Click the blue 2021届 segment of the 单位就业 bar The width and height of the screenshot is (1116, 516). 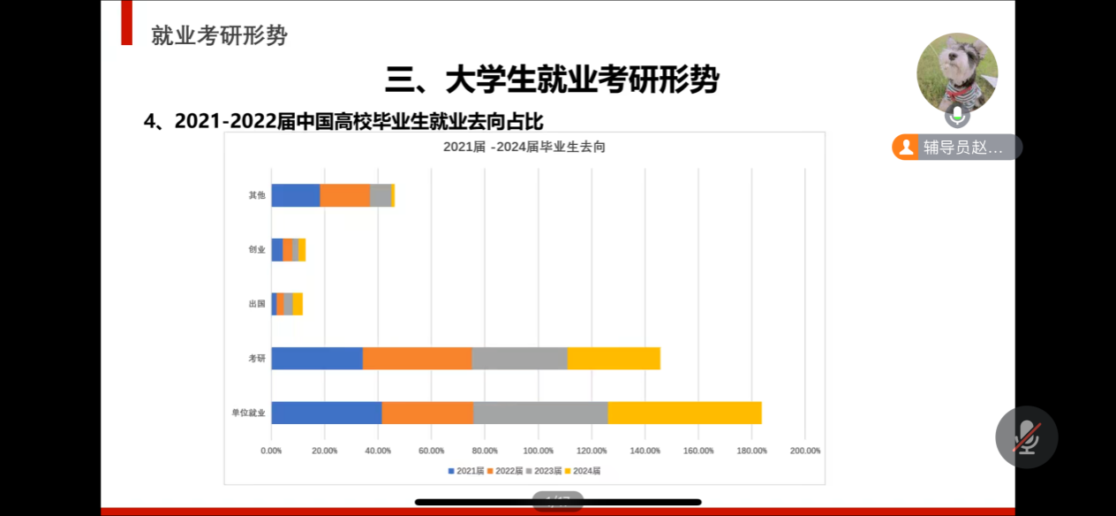(326, 413)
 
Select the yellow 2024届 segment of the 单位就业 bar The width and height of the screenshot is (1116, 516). (684, 413)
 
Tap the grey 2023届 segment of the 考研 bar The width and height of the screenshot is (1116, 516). (519, 358)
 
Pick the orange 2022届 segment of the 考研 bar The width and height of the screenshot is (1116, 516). (417, 358)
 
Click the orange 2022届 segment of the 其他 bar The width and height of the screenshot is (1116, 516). (344, 195)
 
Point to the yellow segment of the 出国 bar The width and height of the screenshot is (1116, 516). (298, 304)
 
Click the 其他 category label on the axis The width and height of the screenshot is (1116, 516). (257, 195)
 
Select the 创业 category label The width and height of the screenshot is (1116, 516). (257, 250)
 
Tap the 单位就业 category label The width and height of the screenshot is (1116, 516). (248, 413)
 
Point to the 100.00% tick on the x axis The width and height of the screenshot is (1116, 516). (539, 451)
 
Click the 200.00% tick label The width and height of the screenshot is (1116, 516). (804, 451)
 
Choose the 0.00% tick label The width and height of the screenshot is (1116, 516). (271, 451)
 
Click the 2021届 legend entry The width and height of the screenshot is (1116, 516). (466, 471)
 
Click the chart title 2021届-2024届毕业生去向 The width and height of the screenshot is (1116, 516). (524, 148)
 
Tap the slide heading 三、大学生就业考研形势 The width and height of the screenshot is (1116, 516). (552, 80)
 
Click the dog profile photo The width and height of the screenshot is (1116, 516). (957, 73)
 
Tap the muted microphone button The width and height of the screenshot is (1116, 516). (1026, 436)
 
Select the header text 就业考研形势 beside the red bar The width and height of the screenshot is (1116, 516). (219, 35)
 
